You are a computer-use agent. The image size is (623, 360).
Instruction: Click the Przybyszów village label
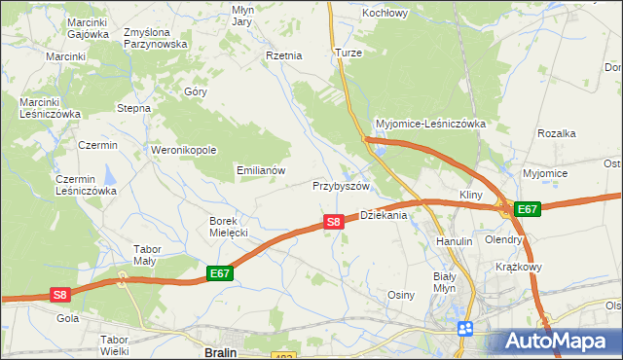click(x=342, y=186)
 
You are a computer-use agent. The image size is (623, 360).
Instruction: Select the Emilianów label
click(x=261, y=170)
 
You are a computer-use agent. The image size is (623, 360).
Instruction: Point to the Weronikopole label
click(x=183, y=151)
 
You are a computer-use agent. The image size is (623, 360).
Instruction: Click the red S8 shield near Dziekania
click(x=334, y=222)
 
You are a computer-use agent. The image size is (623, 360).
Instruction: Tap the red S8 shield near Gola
click(x=60, y=294)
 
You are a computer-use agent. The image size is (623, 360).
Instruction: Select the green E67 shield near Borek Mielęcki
click(x=220, y=275)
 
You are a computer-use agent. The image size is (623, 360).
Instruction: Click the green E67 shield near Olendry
click(x=528, y=209)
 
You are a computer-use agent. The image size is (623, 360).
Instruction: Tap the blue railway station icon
click(x=465, y=328)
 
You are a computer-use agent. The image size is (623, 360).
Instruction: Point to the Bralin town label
click(x=222, y=352)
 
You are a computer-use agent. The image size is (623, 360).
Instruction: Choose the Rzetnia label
click(x=284, y=56)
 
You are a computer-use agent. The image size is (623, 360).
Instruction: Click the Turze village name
click(x=348, y=53)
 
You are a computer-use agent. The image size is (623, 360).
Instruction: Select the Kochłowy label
click(x=385, y=13)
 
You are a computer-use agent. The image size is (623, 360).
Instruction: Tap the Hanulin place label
click(x=455, y=240)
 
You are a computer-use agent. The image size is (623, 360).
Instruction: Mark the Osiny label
click(x=402, y=295)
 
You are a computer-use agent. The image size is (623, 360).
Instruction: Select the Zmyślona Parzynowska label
click(x=156, y=38)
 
